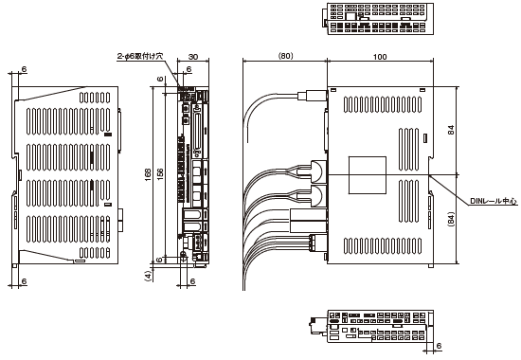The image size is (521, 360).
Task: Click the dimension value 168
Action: tap(148, 174)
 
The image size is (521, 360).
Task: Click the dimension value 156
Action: tap(160, 174)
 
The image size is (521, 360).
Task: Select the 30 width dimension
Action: tap(193, 57)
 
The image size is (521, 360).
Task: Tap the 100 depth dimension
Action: tap(380, 57)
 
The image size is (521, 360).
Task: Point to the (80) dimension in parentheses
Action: tap(285, 56)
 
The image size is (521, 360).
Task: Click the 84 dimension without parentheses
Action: tap(451, 130)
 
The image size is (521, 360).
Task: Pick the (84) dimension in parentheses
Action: tap(451, 220)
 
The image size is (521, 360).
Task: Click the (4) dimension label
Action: tap(148, 276)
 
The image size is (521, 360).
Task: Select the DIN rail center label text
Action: tap(494, 201)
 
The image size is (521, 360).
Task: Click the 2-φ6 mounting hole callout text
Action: tap(140, 56)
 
